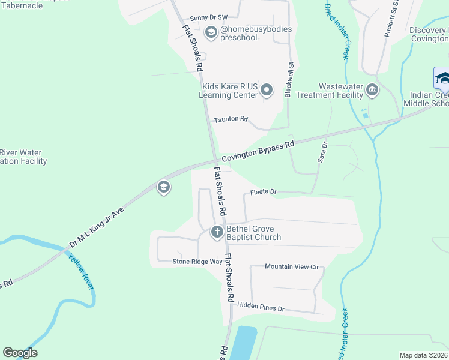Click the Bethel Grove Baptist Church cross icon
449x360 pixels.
[217, 232]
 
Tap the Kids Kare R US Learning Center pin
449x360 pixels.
[267, 91]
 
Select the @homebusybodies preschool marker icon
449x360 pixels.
[211, 32]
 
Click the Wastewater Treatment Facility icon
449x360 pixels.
[372, 91]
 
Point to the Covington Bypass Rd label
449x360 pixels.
[258, 152]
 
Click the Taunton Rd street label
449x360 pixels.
[231, 119]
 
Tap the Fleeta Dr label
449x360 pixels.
[263, 192]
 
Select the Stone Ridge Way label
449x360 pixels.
[197, 261]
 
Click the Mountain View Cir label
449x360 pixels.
[291, 266]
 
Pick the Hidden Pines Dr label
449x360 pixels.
[260, 307]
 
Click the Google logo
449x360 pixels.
[20, 353]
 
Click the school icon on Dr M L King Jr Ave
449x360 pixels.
[163, 188]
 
